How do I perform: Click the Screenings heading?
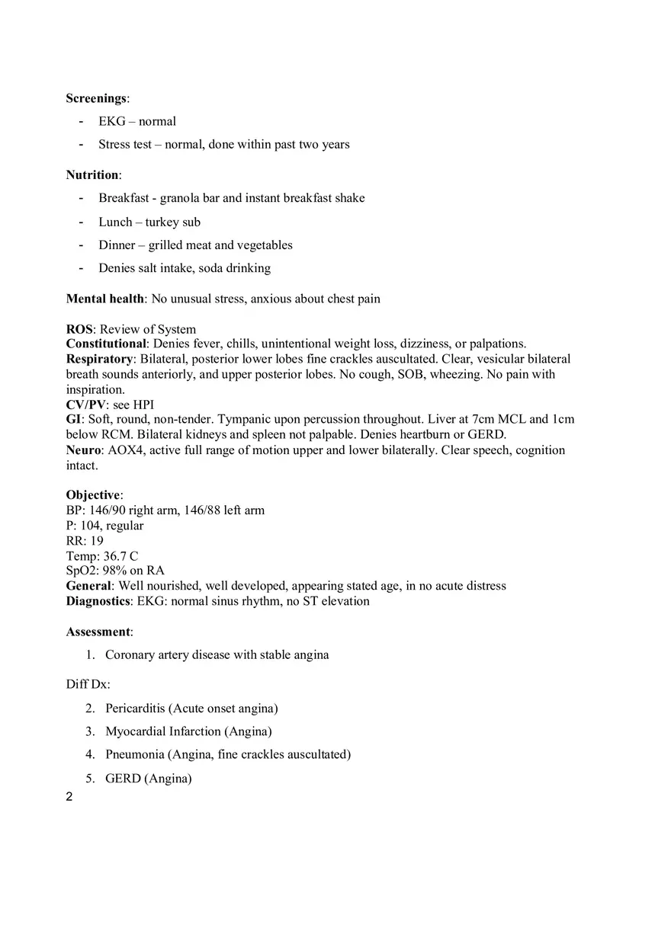point(96,98)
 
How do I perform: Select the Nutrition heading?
point(92,175)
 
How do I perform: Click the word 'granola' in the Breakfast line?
point(181,198)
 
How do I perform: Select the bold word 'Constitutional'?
point(106,344)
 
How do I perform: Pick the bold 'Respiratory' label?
point(100,359)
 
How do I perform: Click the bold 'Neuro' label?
point(83,450)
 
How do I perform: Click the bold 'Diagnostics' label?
point(98,601)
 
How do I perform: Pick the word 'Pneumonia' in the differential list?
point(135,754)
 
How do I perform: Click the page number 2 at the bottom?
point(69,798)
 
